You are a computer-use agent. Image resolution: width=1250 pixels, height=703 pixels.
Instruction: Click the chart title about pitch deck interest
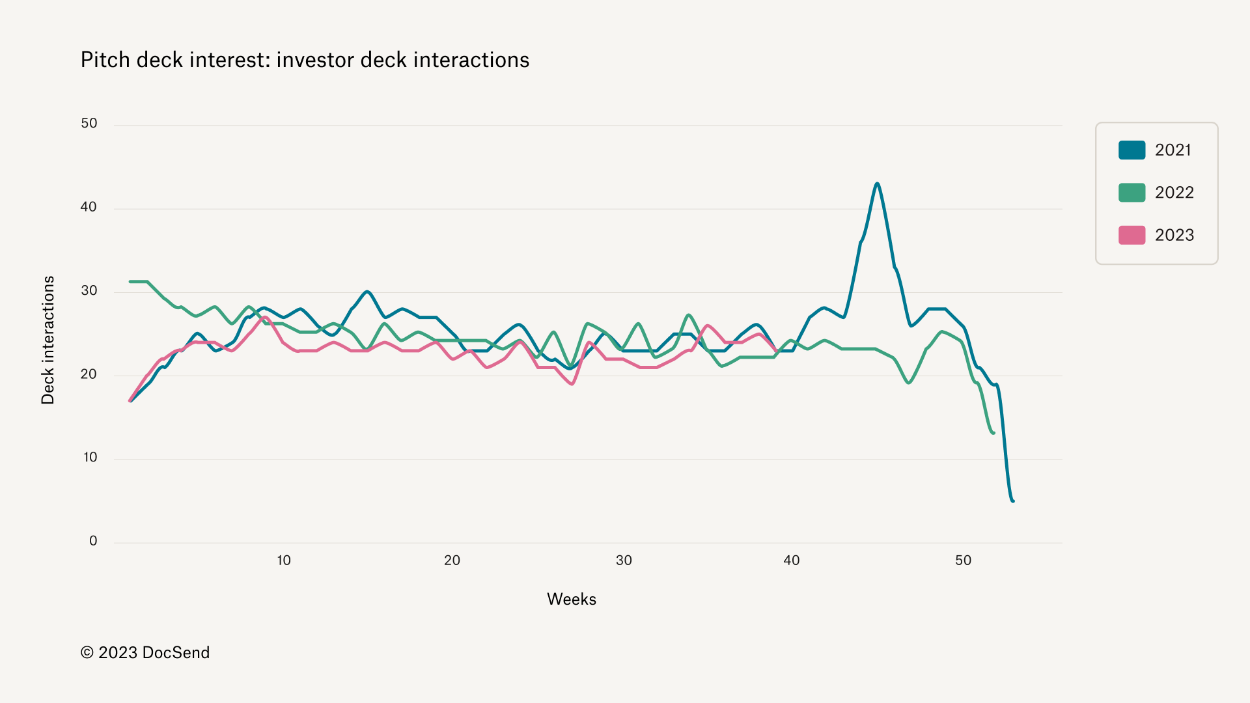pyautogui.click(x=305, y=60)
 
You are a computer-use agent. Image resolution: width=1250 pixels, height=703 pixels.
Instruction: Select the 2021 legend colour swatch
pyautogui.click(x=1132, y=150)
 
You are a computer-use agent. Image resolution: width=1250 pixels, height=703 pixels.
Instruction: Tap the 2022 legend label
pyautogui.click(x=1174, y=193)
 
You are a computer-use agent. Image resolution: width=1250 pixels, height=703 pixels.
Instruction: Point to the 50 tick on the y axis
pyautogui.click(x=89, y=124)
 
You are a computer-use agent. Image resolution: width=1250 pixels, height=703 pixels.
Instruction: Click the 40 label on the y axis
pyautogui.click(x=89, y=207)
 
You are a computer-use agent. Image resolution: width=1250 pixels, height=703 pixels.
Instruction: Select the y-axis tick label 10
pyautogui.click(x=90, y=458)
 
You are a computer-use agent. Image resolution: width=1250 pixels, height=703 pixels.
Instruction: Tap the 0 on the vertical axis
pyautogui.click(x=93, y=541)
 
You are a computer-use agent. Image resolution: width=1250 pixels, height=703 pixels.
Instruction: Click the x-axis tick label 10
pyautogui.click(x=284, y=560)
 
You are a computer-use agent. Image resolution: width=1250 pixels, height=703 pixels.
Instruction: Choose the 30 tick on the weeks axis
pyautogui.click(x=624, y=560)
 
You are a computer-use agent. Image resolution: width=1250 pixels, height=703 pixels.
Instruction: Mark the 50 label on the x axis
pyautogui.click(x=963, y=560)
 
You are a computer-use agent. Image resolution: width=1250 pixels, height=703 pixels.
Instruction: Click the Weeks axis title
pyautogui.click(x=571, y=600)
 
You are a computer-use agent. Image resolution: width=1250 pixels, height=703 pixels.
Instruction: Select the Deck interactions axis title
pyautogui.click(x=48, y=340)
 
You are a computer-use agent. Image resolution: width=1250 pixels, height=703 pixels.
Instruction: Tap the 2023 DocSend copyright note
pyautogui.click(x=145, y=653)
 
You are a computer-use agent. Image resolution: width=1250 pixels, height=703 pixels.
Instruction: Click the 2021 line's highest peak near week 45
pyautogui.click(x=877, y=184)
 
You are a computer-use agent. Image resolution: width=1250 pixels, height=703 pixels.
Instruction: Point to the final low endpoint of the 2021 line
pyautogui.click(x=1013, y=501)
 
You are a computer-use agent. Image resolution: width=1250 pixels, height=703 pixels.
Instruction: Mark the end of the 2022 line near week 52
pyautogui.click(x=993, y=433)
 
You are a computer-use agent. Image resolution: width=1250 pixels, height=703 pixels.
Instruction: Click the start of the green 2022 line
pyautogui.click(x=130, y=281)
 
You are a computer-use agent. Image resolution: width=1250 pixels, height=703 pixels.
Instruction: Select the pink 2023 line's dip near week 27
pyautogui.click(x=572, y=384)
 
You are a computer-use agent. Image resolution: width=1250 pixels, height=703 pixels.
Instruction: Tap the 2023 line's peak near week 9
pyautogui.click(x=265, y=317)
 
